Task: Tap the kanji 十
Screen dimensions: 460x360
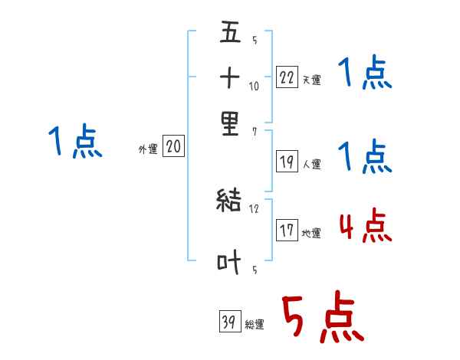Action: (x=230, y=78)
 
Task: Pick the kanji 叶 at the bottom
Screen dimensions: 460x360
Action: (x=230, y=263)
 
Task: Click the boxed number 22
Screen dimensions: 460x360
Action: (x=287, y=76)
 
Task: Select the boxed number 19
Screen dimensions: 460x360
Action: (x=287, y=161)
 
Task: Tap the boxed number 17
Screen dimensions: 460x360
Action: (x=287, y=231)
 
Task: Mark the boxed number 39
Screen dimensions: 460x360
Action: (x=228, y=321)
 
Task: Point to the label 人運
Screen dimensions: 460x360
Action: (x=312, y=164)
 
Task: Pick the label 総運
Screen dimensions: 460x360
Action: (x=255, y=324)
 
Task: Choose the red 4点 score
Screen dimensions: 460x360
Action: (x=365, y=225)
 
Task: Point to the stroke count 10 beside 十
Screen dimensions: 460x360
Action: (x=255, y=87)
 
